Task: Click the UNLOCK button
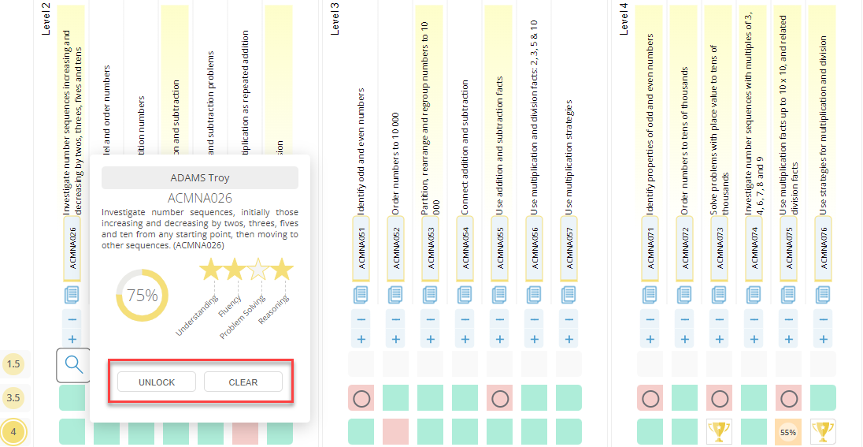click(x=157, y=382)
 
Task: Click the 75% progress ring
click(x=143, y=296)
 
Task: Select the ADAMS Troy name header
click(x=200, y=178)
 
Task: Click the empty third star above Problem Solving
click(x=257, y=270)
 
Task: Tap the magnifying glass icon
click(x=73, y=364)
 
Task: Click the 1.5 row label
click(x=13, y=363)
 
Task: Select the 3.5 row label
click(x=13, y=397)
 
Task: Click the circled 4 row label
click(x=13, y=432)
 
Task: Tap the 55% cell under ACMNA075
click(x=788, y=432)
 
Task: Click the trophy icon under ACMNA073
click(x=719, y=431)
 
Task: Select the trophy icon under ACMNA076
click(x=823, y=431)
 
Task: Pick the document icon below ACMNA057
click(x=569, y=295)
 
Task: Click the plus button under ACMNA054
click(x=465, y=339)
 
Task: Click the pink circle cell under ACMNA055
click(x=499, y=398)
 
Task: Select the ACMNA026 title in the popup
click(x=200, y=198)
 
